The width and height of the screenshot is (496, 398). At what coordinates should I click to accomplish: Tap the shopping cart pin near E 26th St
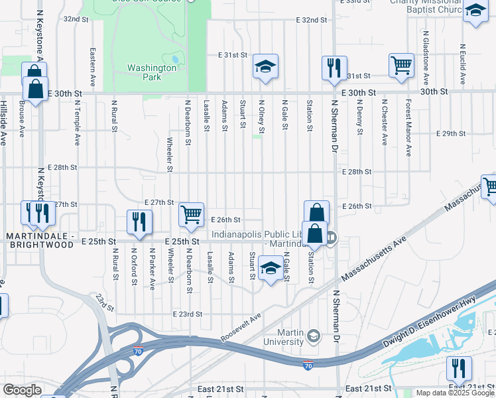coord(191,214)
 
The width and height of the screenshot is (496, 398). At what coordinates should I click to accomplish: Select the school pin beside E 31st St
coord(265,66)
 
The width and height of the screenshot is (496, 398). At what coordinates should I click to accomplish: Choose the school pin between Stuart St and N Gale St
coord(270,268)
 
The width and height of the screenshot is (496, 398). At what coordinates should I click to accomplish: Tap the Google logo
coord(22,390)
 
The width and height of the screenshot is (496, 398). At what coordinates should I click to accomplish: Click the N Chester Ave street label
coord(384,122)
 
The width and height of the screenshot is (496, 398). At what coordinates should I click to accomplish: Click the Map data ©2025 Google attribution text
coord(454,393)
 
